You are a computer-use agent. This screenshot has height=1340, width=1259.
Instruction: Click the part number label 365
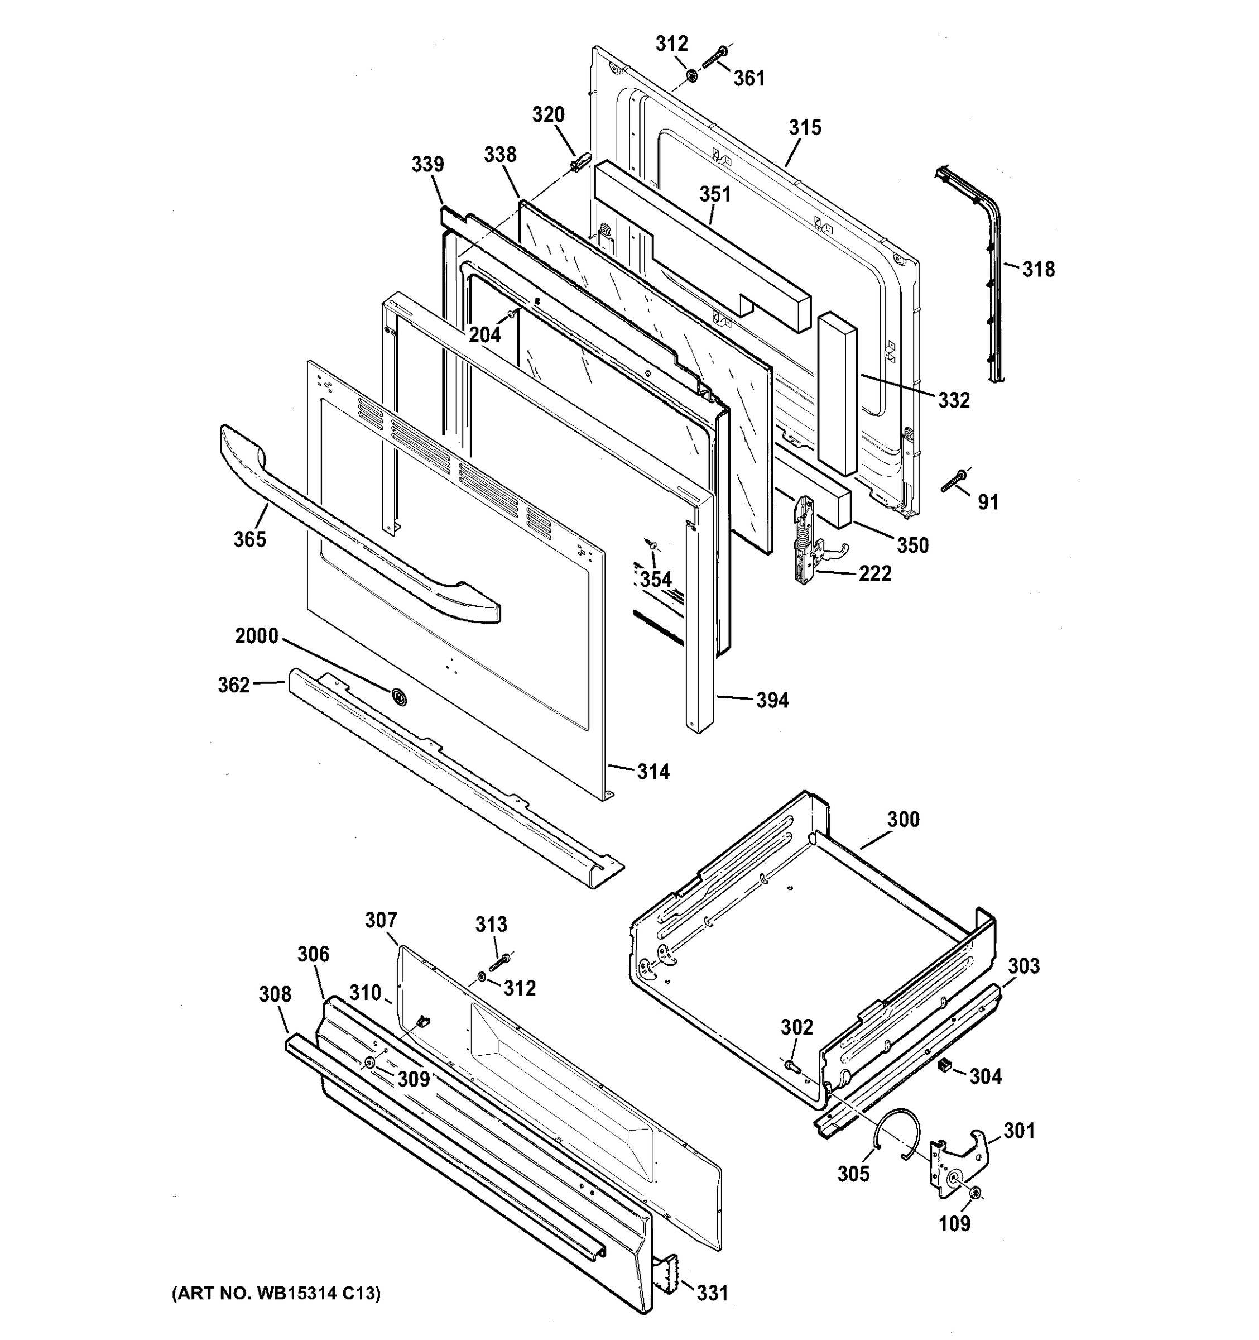pos(250,539)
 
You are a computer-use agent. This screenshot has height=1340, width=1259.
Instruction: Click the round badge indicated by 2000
pos(398,697)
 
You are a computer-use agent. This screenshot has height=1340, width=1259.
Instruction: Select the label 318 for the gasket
pos(1039,270)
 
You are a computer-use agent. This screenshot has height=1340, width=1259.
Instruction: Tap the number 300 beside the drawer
pos(904,820)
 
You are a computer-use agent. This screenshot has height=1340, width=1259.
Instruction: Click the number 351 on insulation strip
pos(715,194)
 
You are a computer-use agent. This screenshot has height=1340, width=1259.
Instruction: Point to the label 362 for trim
pos(234,685)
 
